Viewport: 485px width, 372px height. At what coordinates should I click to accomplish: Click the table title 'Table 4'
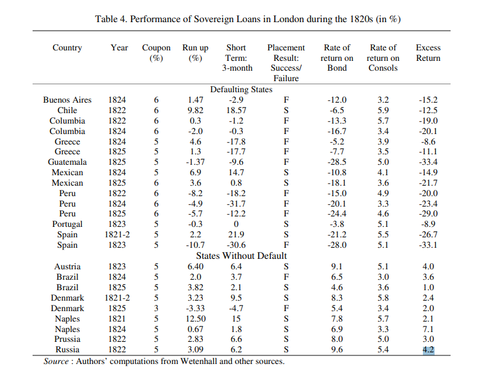(248, 19)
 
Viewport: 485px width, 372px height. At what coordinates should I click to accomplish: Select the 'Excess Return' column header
(428, 52)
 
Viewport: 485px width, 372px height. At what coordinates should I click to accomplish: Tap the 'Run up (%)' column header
(195, 52)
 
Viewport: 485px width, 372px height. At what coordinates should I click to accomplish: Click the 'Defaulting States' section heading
(241, 90)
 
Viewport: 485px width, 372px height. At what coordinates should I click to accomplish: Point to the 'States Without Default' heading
(241, 255)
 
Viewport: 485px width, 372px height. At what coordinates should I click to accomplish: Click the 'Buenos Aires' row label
(67, 100)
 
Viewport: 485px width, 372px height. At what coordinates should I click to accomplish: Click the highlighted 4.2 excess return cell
(428, 350)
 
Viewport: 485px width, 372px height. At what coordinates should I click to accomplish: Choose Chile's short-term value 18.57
(236, 111)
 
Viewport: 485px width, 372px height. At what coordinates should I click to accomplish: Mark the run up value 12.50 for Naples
(195, 319)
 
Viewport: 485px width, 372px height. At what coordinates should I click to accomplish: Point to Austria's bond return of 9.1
(337, 267)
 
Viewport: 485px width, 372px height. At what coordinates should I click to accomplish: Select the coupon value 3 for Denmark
(156, 308)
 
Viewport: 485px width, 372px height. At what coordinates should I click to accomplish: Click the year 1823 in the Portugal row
(117, 224)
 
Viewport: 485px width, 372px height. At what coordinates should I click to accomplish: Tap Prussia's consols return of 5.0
(383, 339)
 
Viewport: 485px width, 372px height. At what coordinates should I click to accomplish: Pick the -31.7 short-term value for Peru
(236, 204)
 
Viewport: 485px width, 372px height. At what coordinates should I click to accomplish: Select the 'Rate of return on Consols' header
(383, 57)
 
